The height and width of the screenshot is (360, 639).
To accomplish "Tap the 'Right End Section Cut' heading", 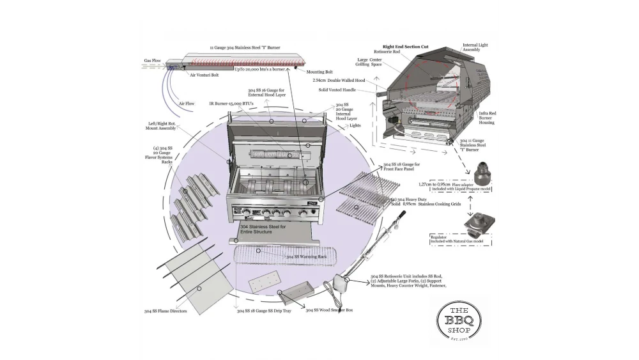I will tap(404, 47).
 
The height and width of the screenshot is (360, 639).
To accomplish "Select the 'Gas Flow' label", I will tap(152, 61).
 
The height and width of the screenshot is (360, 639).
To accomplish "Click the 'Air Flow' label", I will tap(187, 104).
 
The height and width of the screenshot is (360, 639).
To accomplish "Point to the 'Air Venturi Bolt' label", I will tap(204, 75).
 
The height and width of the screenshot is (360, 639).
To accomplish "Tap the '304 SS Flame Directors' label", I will tap(166, 311).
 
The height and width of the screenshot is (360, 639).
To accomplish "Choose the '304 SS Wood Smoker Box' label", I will tap(329, 310).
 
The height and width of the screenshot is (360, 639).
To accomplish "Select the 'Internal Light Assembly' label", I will tap(475, 48).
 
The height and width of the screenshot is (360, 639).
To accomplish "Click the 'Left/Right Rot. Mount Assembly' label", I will tap(160, 127).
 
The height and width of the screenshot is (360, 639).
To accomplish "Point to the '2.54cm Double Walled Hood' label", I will tap(339, 81).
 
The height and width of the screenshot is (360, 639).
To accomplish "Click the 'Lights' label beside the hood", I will tap(355, 126).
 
